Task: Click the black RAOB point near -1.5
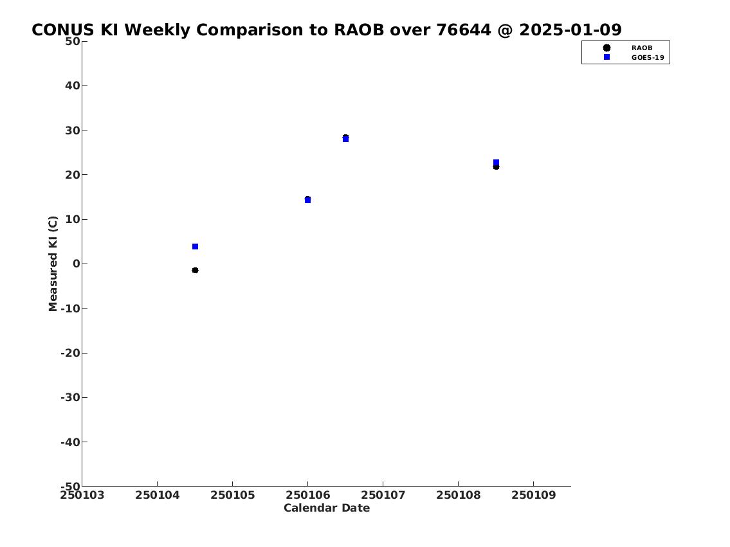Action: pos(195,270)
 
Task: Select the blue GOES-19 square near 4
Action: pos(195,247)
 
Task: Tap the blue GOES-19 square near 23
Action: pos(497,163)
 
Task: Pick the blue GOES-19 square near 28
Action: pos(345,139)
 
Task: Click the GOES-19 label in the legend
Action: pos(648,58)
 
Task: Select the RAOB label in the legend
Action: pos(641,48)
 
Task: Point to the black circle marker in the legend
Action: pos(607,48)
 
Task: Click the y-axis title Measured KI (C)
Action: pos(53,264)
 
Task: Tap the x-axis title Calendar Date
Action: pos(327,508)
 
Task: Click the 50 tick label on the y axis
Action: pos(73,41)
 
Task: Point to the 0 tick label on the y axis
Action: pos(77,264)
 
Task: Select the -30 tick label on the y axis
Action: pos(70,397)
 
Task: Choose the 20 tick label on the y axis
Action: pos(73,174)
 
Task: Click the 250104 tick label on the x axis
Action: pos(158,495)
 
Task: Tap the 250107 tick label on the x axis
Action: pos(383,495)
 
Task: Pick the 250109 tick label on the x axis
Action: pos(534,495)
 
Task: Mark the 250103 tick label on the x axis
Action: pos(82,495)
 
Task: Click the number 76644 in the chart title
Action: pos(464,30)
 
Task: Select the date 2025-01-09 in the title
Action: pos(570,30)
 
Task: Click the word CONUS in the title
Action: pos(63,30)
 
